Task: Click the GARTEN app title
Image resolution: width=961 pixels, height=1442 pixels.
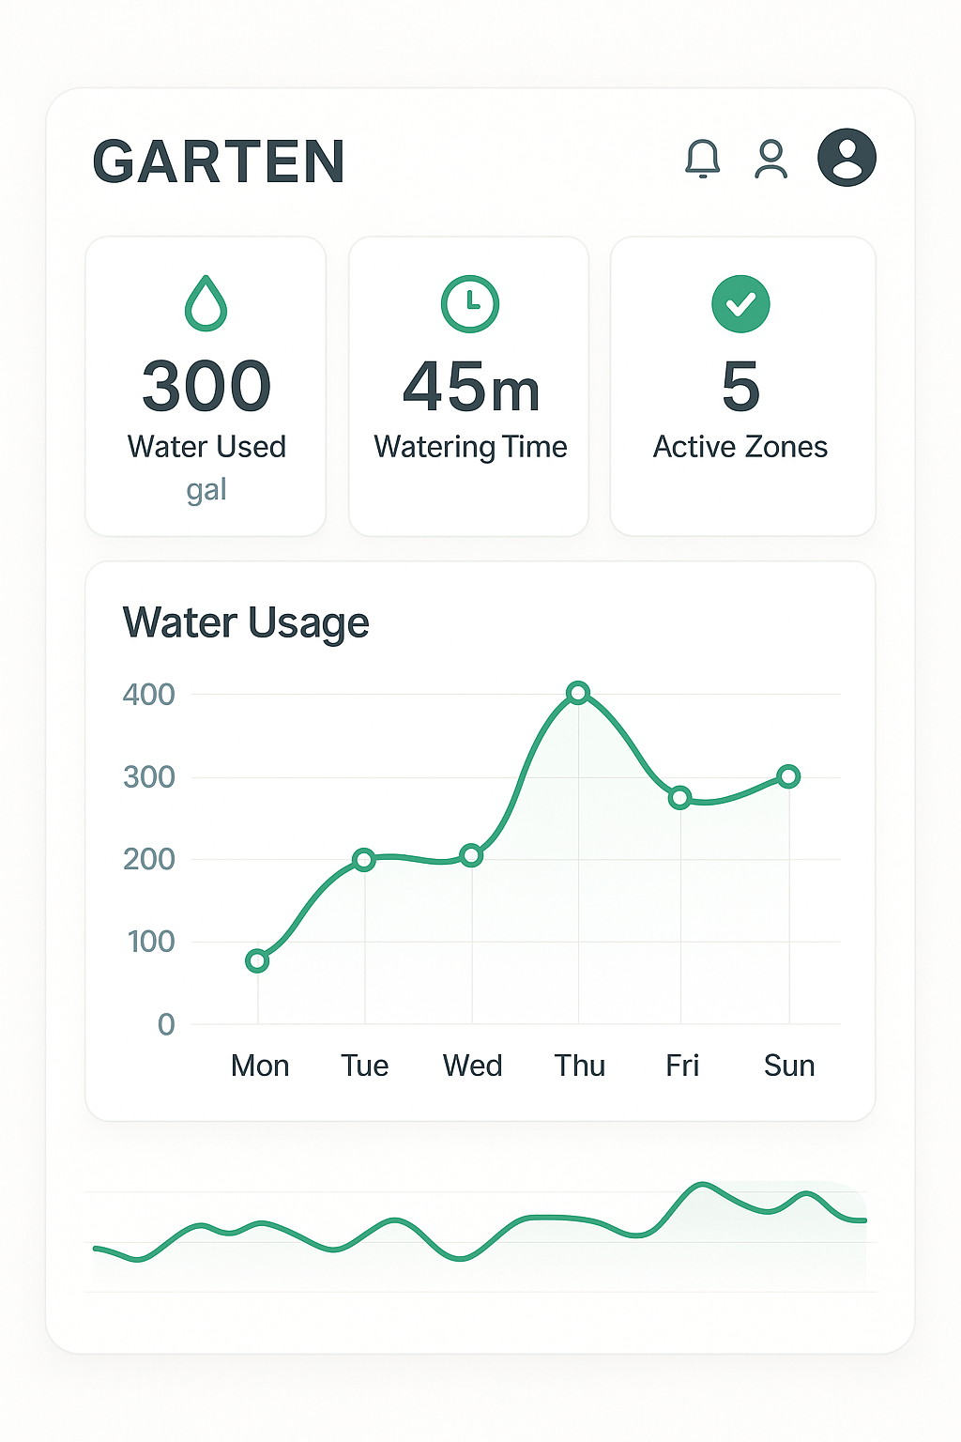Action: [x=219, y=161]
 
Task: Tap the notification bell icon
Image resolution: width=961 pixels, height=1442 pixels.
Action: [x=702, y=159]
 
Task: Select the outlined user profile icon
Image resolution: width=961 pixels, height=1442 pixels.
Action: [x=771, y=160]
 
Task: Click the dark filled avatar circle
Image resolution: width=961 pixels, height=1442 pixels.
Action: [x=847, y=158]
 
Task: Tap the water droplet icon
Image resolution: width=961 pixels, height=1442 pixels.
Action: [x=206, y=303]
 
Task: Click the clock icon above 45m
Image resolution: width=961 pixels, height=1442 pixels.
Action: [x=469, y=303]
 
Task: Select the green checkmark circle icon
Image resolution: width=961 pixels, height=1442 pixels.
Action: [x=740, y=303]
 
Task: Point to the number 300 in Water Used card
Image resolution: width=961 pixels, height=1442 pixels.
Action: [x=206, y=386]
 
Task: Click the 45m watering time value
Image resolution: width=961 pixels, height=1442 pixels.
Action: [x=471, y=388]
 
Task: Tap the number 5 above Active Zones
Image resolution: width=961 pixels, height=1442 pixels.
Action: [x=740, y=386]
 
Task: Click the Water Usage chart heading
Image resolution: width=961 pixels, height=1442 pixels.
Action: [x=246, y=623]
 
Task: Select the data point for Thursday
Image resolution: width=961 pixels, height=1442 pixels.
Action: [x=579, y=693]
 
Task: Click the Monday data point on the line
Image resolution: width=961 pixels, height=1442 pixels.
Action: [x=257, y=960]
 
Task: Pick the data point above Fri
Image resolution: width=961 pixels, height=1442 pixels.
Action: [x=680, y=798]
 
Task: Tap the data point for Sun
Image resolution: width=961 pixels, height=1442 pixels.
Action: [x=789, y=776]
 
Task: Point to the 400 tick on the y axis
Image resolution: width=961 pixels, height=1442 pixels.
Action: [x=148, y=695]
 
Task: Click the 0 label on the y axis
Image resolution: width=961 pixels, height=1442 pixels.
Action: [x=166, y=1024]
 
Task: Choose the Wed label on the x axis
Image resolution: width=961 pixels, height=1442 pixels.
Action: [x=472, y=1066]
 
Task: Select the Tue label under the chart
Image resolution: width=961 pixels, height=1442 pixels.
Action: [x=364, y=1066]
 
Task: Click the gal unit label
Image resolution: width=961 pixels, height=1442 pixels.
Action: [x=206, y=490]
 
